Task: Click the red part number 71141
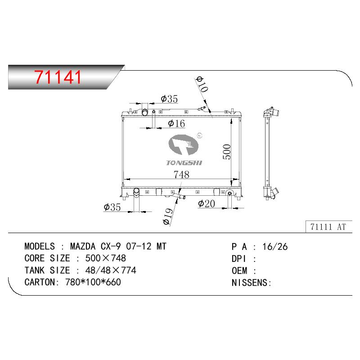tap(58, 77)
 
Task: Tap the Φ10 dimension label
tap(202, 85)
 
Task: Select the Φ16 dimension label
tap(176, 123)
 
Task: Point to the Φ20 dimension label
tap(207, 204)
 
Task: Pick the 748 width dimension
tap(181, 175)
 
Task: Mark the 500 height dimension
tap(227, 152)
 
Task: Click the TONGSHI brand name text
tap(184, 163)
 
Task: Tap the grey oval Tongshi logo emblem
tap(184, 145)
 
